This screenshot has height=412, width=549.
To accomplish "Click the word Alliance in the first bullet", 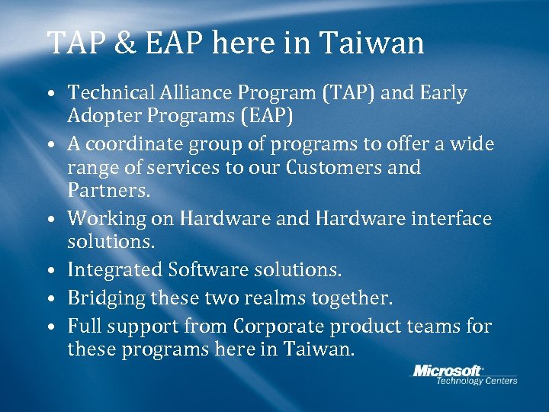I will coord(197,94).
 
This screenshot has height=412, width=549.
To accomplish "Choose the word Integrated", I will coord(115,269).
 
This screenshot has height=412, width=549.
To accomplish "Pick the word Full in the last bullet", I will coord(82,327).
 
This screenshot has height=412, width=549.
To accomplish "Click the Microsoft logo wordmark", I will coord(448,371).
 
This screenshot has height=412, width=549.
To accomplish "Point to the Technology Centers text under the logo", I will coord(476,381).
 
